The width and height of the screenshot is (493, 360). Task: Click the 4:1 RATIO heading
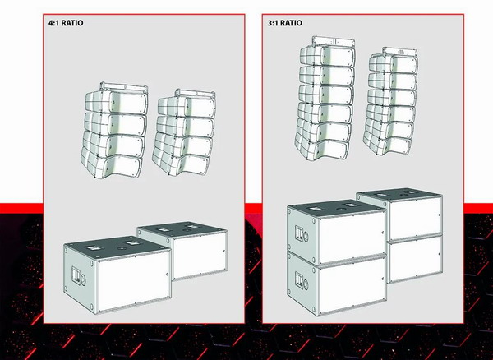pos(66,23)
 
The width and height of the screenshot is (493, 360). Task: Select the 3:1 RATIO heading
pos(285,23)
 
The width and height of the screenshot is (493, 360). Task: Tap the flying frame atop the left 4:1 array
pos(124,87)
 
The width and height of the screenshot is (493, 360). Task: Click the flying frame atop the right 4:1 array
pos(196,94)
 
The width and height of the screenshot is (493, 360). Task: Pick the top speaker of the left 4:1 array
pos(117,102)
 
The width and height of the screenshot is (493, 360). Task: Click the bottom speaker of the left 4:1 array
pos(111,164)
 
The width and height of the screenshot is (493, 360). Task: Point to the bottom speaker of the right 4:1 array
pos(181,163)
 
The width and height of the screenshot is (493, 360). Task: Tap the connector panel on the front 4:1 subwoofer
pos(76,275)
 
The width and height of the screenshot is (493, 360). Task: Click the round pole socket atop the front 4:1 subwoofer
pos(121,248)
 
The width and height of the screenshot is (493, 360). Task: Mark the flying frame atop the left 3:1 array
pos(334,42)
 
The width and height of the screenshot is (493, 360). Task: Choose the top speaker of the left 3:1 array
pos(327,56)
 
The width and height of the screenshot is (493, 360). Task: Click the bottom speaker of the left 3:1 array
pos(322,147)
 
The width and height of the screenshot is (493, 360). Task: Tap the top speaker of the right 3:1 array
pos(394,63)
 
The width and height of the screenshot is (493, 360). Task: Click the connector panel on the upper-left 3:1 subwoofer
pos(299,233)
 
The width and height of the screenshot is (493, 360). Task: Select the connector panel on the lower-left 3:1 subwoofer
pos(299,280)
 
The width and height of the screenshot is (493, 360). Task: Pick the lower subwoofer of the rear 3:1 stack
pos(415,258)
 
